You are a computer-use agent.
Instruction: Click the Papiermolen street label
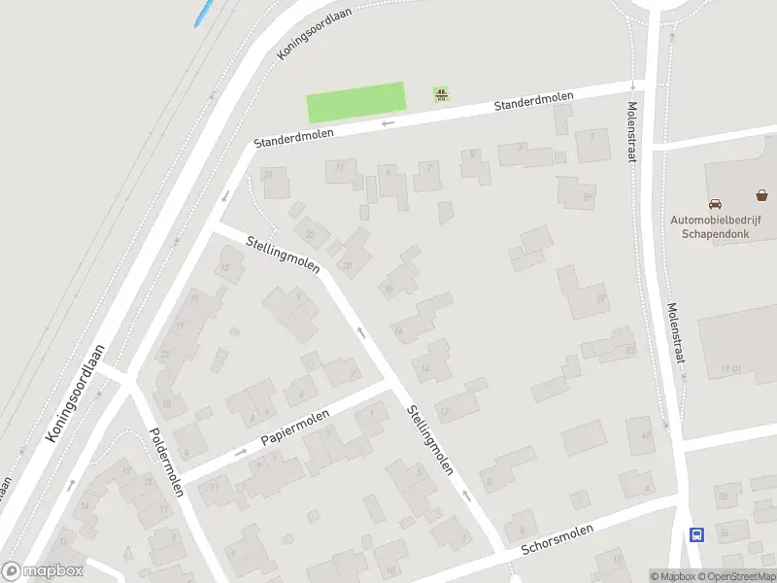tap(295, 429)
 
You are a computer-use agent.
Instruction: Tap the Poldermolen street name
tap(166, 461)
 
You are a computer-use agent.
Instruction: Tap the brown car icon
tap(715, 204)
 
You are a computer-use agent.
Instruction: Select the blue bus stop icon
tap(695, 534)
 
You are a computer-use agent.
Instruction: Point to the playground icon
tap(441, 94)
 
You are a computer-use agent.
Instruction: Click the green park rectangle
tap(355, 102)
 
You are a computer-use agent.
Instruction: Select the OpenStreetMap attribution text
tap(737, 576)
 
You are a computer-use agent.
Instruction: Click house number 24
tap(268, 174)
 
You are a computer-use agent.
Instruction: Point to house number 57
tap(602, 297)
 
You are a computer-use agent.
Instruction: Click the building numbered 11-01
tap(730, 369)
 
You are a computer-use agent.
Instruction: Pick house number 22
tap(310, 234)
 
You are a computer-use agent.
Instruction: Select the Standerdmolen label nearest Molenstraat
tap(533, 101)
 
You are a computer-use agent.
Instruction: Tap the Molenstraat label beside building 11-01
tap(676, 332)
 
